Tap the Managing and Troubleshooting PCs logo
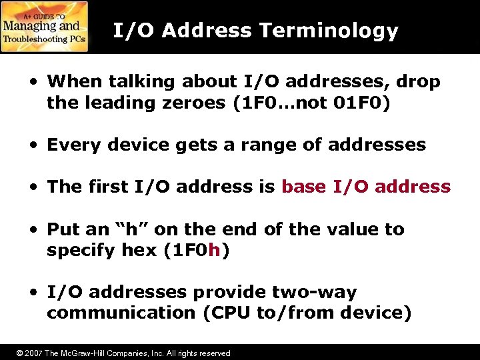pyautogui.click(x=44, y=27)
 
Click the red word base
pyautogui.click(x=303, y=187)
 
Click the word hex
pyautogui.click(x=137, y=251)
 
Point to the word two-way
pyautogui.click(x=315, y=292)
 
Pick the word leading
pyautogui.click(x=103, y=103)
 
